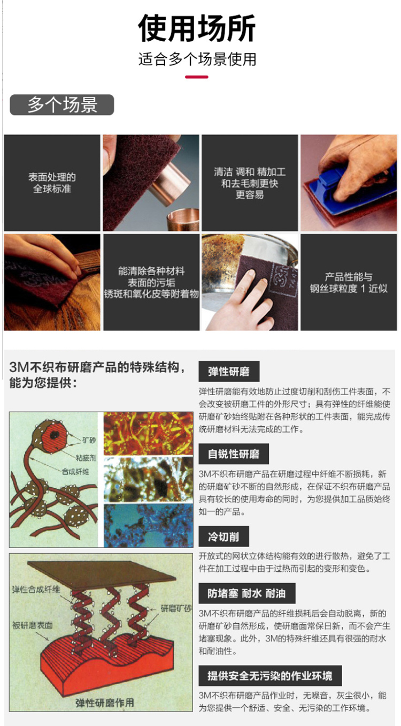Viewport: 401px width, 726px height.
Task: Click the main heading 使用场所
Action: (x=197, y=28)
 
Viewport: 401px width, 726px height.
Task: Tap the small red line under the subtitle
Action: (x=196, y=77)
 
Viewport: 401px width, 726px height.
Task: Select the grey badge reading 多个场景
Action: (x=62, y=105)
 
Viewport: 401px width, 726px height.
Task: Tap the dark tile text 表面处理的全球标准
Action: (x=52, y=183)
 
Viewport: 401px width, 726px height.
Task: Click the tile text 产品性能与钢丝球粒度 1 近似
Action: (x=349, y=283)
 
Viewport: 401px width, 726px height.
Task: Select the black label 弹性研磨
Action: (x=229, y=372)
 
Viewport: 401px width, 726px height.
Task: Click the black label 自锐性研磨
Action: (x=234, y=454)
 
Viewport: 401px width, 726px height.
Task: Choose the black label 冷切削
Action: (x=223, y=536)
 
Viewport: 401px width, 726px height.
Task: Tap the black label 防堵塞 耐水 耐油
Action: (x=247, y=593)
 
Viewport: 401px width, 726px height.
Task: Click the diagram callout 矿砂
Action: (x=89, y=440)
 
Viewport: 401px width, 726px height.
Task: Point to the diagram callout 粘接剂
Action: (x=86, y=458)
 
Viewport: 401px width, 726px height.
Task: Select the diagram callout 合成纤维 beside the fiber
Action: (x=75, y=472)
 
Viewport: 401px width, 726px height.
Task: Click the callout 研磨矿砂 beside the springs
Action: (x=176, y=609)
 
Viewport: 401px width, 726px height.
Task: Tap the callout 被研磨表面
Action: (x=33, y=625)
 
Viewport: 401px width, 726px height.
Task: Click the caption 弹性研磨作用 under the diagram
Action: (x=105, y=702)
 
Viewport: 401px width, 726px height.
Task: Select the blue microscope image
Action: (x=148, y=526)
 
